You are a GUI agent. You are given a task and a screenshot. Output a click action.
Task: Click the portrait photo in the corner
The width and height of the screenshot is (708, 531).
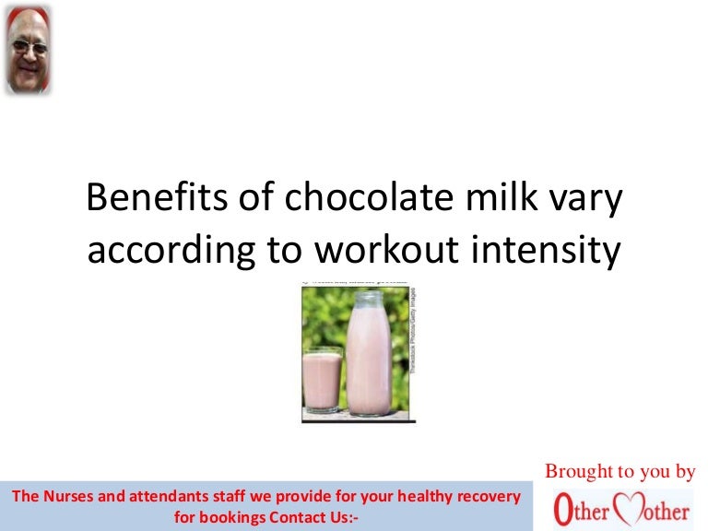(x=28, y=49)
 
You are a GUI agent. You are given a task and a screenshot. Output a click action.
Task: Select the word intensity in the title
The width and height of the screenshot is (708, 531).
(x=555, y=251)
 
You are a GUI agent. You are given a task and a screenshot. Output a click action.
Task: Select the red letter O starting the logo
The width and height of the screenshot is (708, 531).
(x=561, y=510)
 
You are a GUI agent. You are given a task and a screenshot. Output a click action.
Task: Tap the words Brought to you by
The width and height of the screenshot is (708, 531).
(x=619, y=471)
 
